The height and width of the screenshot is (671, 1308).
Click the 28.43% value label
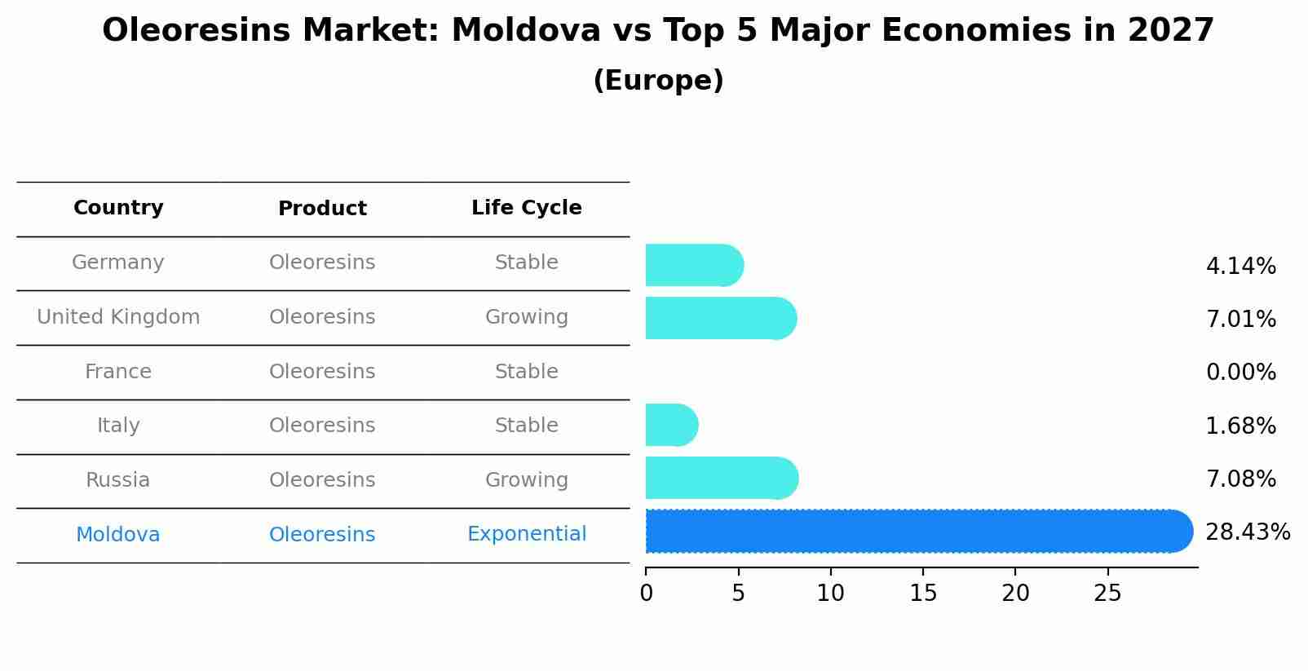(1247, 532)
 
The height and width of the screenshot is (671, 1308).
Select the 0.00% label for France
(1240, 373)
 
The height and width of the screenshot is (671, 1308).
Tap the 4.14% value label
(1240, 267)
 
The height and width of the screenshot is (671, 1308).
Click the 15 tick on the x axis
(923, 594)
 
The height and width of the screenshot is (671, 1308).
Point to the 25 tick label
(1108, 594)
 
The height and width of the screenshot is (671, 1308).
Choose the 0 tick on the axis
(647, 594)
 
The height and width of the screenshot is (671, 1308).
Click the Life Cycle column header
(527, 208)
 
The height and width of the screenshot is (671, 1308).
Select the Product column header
(322, 209)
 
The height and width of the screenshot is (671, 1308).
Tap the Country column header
(118, 208)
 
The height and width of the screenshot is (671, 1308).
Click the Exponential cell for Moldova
(527, 534)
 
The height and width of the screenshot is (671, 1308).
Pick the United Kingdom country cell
(118, 317)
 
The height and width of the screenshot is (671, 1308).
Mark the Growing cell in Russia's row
(527, 480)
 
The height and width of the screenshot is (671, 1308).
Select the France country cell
(118, 372)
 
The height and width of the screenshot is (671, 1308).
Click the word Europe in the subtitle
(658, 81)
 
